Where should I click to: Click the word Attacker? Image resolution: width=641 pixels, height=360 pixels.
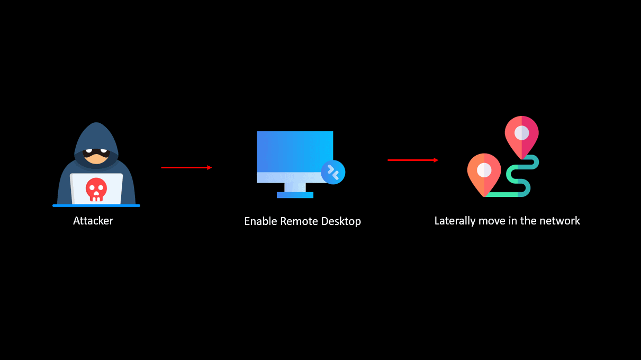coord(93,221)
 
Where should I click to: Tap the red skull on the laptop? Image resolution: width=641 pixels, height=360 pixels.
coord(96,188)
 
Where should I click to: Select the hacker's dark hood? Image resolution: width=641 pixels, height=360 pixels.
coord(96,135)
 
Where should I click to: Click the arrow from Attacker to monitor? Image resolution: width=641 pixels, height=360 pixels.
coord(186,167)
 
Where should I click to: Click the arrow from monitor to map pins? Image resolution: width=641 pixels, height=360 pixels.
coord(413,160)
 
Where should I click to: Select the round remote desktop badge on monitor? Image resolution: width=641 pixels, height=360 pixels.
coord(333,172)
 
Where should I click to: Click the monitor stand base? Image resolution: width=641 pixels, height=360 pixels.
coord(295,195)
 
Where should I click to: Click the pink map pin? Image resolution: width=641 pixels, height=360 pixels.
coord(521,136)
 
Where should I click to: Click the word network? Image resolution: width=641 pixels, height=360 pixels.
coord(561,221)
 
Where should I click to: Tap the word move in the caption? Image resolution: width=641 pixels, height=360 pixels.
coord(493,221)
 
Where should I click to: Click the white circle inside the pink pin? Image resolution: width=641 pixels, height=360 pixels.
coord(521,132)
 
